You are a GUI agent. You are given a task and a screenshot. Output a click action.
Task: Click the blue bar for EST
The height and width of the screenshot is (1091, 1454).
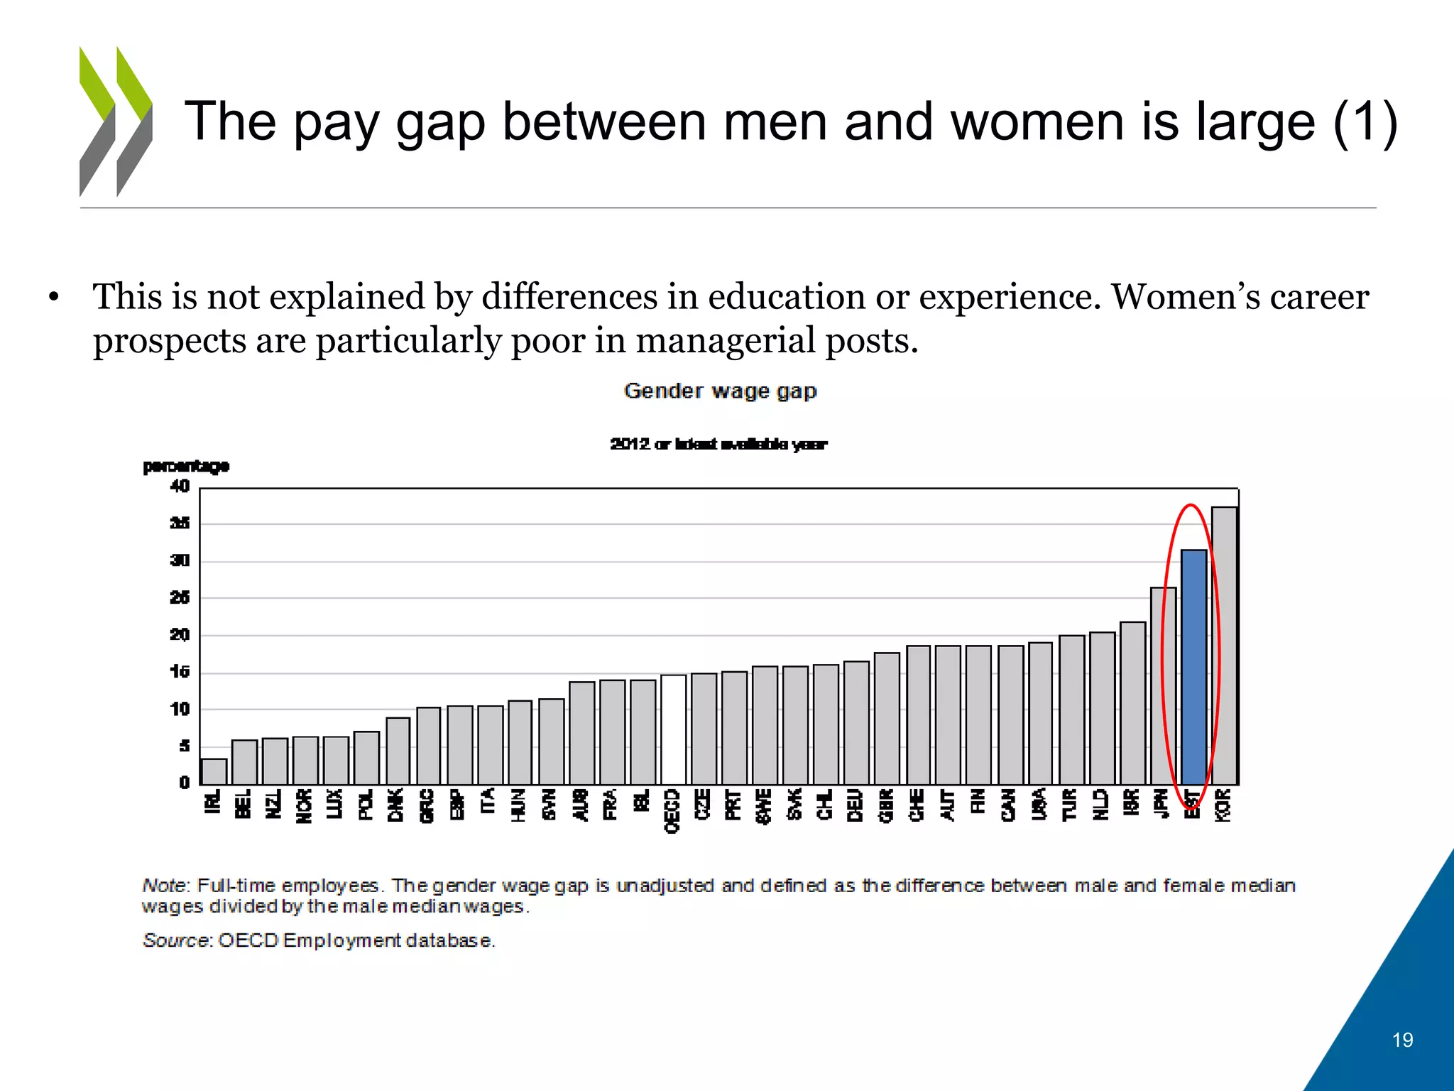(x=1193, y=667)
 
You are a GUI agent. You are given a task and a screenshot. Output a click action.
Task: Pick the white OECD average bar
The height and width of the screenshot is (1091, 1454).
(x=673, y=729)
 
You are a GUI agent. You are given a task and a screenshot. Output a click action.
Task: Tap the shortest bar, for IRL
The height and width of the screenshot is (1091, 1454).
(x=214, y=771)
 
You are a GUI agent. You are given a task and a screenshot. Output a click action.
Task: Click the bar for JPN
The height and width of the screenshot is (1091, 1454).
(x=1163, y=685)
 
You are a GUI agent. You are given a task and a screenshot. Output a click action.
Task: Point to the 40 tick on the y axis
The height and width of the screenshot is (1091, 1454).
(x=180, y=487)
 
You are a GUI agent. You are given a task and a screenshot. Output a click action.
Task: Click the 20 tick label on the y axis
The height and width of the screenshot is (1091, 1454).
(x=180, y=634)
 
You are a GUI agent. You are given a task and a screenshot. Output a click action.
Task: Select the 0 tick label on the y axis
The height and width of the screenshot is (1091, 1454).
(x=184, y=782)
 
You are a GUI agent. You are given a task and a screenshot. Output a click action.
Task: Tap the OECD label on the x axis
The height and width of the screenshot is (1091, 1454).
(x=672, y=810)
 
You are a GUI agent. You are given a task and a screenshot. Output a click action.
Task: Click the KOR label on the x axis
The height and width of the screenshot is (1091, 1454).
(x=1223, y=805)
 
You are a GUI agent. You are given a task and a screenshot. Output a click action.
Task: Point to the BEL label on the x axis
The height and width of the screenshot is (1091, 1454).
(x=244, y=803)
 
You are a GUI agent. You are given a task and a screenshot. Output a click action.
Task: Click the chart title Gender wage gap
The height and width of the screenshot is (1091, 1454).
(x=720, y=391)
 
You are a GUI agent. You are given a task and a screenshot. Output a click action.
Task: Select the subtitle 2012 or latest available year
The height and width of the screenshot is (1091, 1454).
(x=718, y=445)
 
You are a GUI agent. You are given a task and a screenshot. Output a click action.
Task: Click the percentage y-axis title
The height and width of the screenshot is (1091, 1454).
(x=186, y=466)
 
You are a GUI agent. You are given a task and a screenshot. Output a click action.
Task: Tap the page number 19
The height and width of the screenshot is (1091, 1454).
(x=1402, y=1040)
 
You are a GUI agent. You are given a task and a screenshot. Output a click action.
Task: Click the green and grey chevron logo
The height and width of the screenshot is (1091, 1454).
(x=116, y=121)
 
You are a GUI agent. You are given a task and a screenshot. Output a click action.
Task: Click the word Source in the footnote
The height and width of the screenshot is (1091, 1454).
(x=176, y=940)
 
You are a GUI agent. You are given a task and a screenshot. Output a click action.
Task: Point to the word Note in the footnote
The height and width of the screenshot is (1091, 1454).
(x=164, y=886)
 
